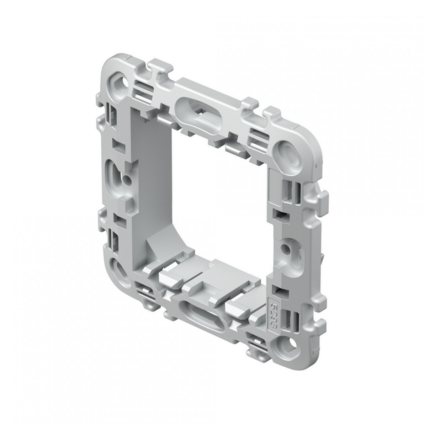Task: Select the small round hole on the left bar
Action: point(126,181)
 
